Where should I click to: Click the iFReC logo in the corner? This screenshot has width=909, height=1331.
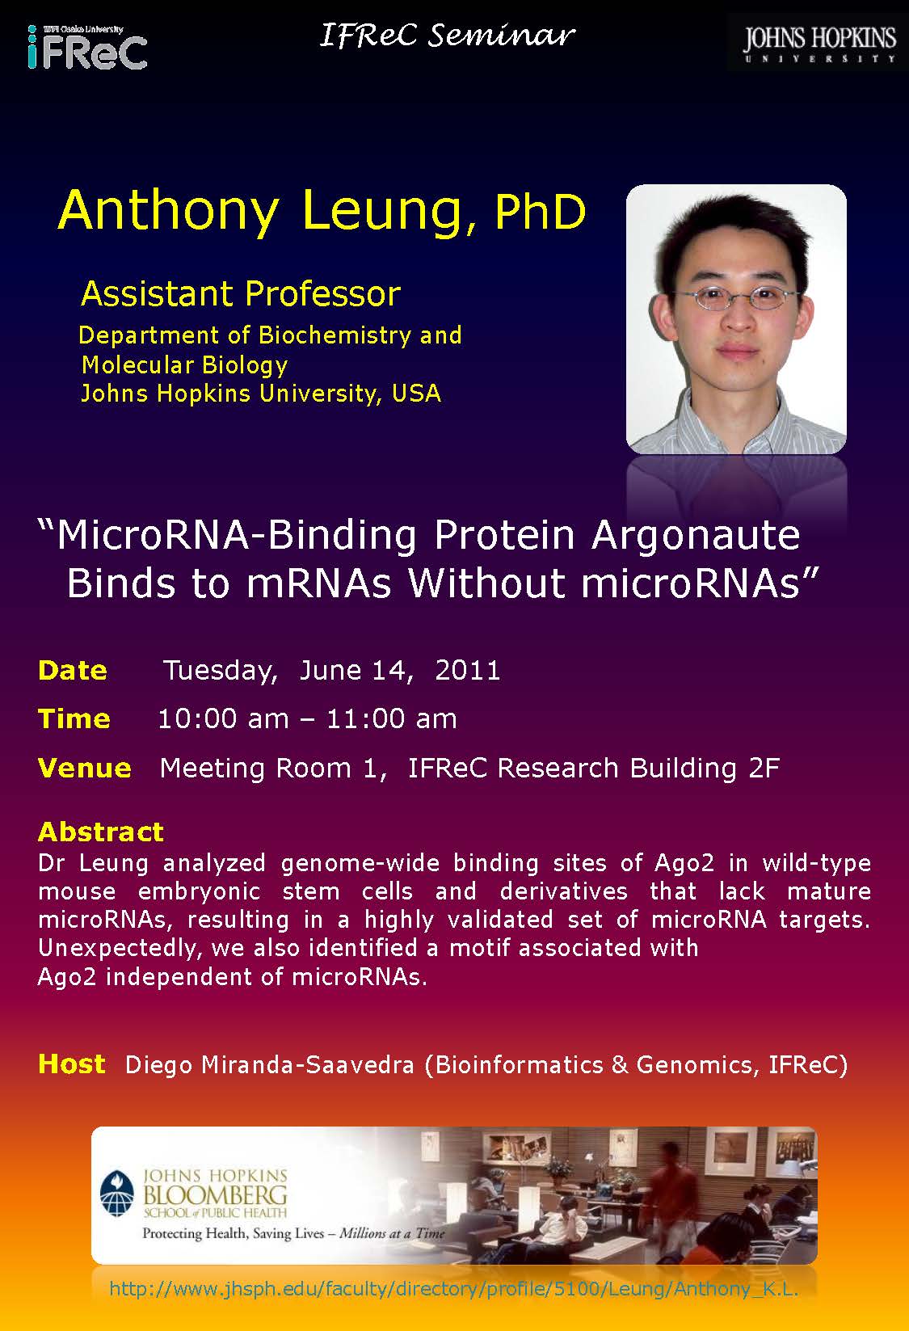tap(87, 48)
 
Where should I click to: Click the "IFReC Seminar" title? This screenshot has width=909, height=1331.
tap(448, 35)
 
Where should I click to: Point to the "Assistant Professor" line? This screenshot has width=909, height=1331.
tap(242, 293)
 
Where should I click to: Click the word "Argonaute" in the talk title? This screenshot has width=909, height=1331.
tap(696, 535)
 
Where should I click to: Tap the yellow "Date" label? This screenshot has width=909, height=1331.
tap(73, 670)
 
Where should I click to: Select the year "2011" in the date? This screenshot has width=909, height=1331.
tap(468, 670)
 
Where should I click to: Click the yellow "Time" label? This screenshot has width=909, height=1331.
tap(74, 719)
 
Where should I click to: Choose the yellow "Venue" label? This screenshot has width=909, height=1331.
tap(84, 768)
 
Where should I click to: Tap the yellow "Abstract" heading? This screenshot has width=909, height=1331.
tap(101, 832)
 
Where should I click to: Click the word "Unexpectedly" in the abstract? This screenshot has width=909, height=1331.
tap(117, 949)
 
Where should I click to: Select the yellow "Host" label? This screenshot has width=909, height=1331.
tap(72, 1064)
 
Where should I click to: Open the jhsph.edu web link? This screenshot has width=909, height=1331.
tap(454, 1289)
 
